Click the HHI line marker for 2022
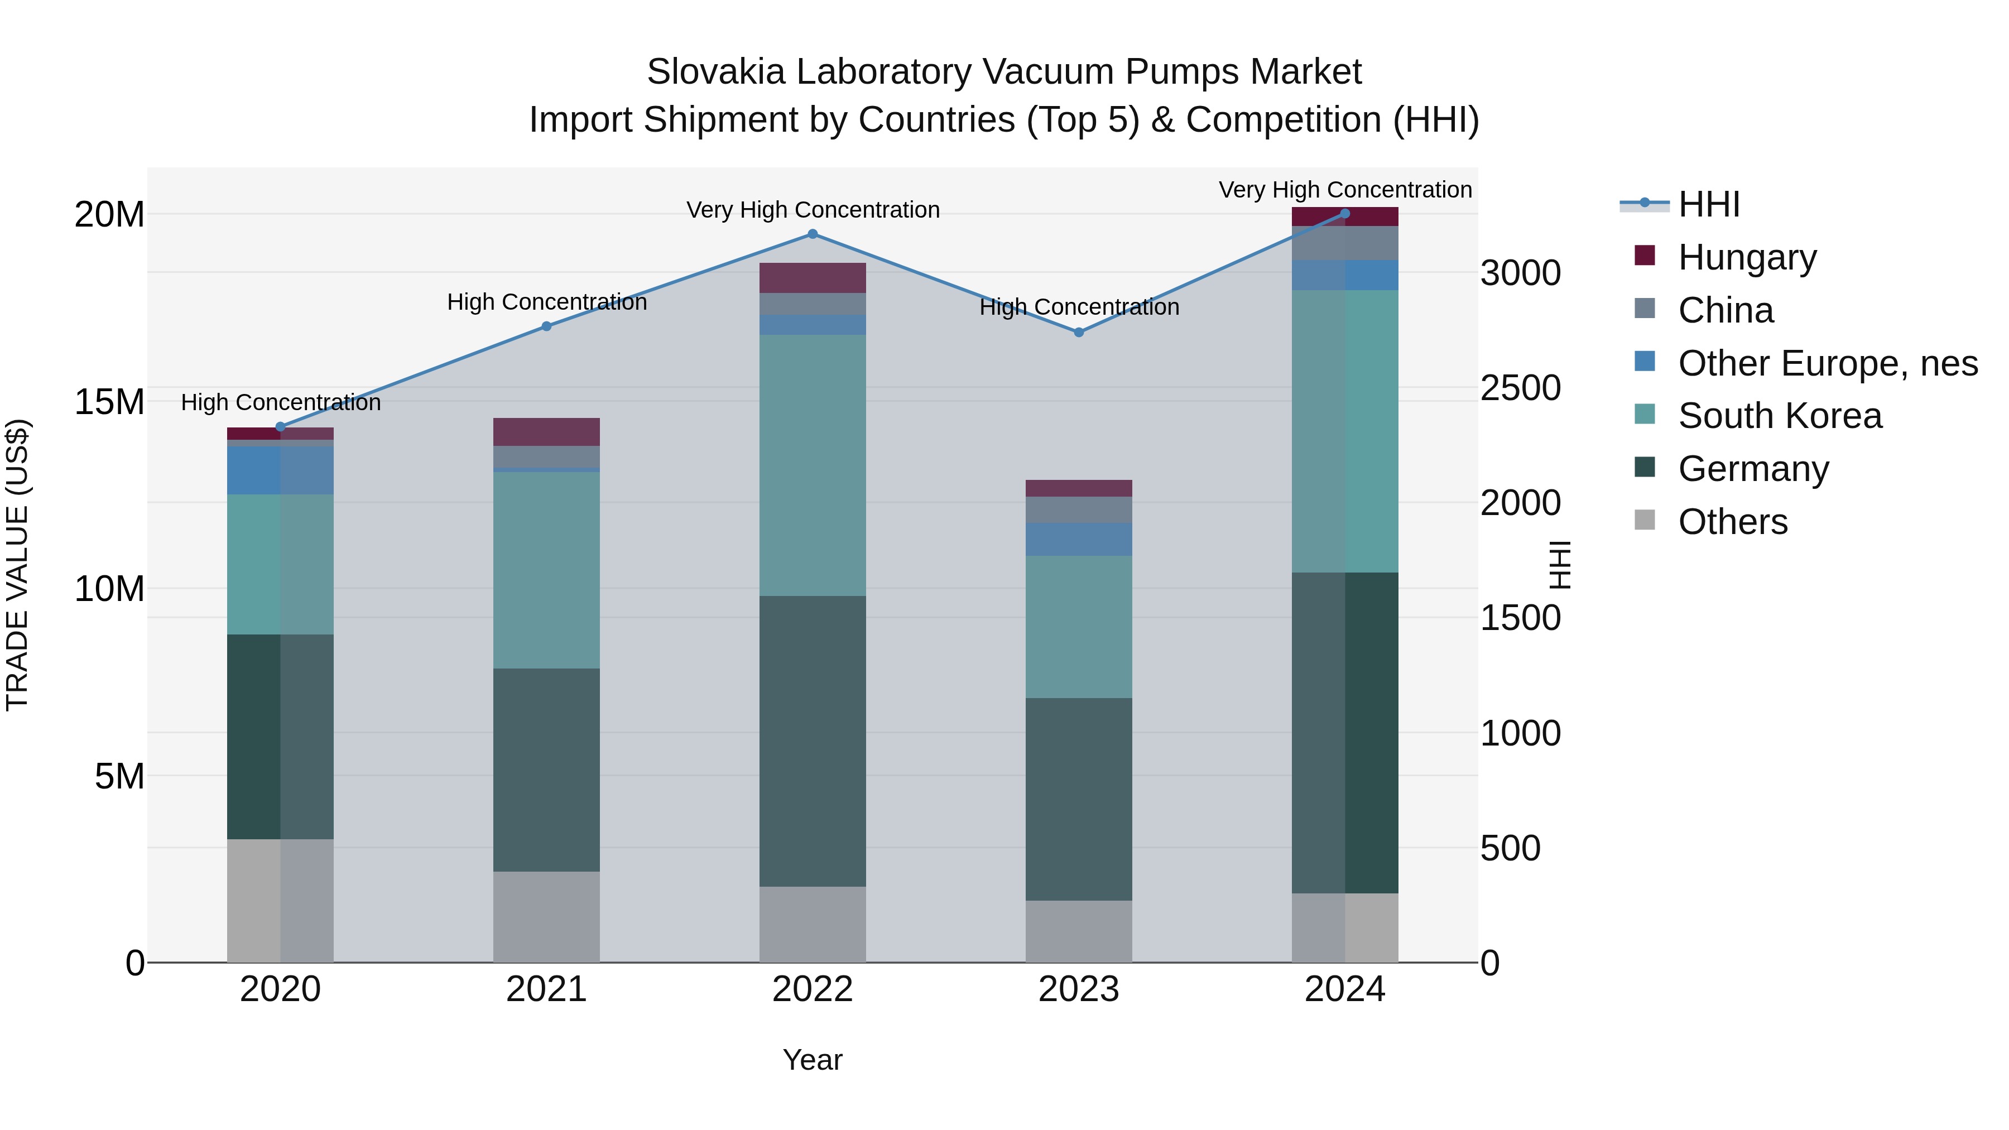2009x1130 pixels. (812, 234)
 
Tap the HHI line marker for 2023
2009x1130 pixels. (1079, 332)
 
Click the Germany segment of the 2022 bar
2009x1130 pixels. (812, 741)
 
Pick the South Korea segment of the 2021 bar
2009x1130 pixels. (547, 569)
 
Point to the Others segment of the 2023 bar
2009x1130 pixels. (1079, 931)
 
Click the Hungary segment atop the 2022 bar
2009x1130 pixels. (812, 278)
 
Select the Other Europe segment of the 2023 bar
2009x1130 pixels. (1079, 539)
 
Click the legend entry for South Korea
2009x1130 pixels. (1779, 416)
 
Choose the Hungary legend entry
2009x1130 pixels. (1746, 257)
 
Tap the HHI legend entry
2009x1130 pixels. (1708, 204)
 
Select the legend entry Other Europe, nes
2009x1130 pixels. (1827, 363)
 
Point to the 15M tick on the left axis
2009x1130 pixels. (109, 402)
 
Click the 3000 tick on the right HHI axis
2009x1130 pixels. (1520, 274)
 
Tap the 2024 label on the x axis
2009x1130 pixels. (1344, 989)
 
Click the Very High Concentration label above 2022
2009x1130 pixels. (813, 210)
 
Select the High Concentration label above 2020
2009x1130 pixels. (281, 402)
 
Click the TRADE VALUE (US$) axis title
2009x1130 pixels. (17, 565)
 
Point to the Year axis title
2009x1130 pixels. (812, 1060)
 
